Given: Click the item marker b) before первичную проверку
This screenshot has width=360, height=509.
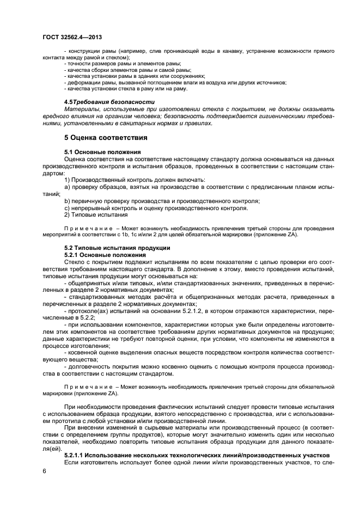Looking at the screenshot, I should point(67,201).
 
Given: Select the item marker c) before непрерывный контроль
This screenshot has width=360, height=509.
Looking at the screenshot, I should point(67,208).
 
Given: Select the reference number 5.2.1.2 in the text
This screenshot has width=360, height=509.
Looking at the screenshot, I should point(166,311).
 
